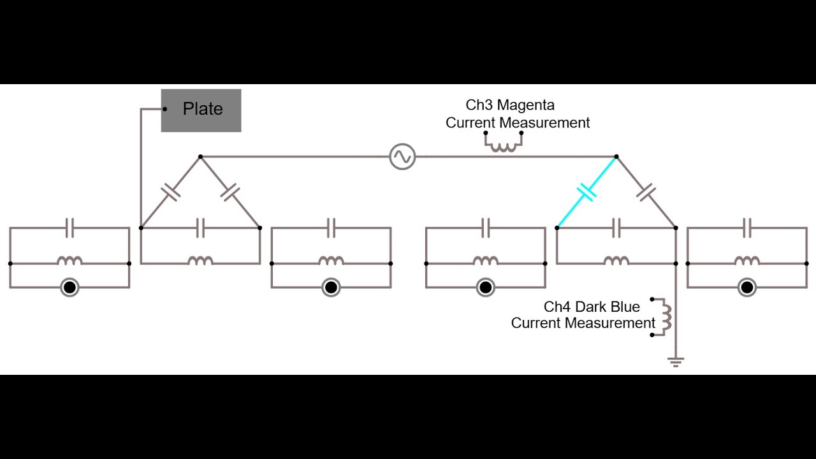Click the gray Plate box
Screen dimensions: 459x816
tap(201, 110)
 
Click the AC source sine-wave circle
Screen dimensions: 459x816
tap(402, 156)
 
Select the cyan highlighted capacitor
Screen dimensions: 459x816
tap(586, 192)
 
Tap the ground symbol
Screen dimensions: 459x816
tap(676, 362)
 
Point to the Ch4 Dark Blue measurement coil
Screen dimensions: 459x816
tap(666, 316)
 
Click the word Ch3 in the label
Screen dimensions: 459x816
tap(479, 105)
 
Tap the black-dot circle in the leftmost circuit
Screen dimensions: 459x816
tap(69, 288)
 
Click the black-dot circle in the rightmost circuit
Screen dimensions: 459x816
tap(747, 288)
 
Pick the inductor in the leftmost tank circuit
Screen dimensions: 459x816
tap(69, 261)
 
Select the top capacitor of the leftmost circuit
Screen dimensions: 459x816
tap(69, 228)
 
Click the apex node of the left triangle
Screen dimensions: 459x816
tap(200, 156)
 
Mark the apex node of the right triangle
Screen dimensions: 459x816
tap(616, 156)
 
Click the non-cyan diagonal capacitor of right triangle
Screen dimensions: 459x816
tap(646, 191)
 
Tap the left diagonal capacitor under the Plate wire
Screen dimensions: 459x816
tap(170, 192)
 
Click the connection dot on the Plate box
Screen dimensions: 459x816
tap(165, 109)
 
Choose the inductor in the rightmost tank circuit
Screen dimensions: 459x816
tap(747, 261)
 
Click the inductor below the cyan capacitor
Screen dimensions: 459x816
tap(616, 261)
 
